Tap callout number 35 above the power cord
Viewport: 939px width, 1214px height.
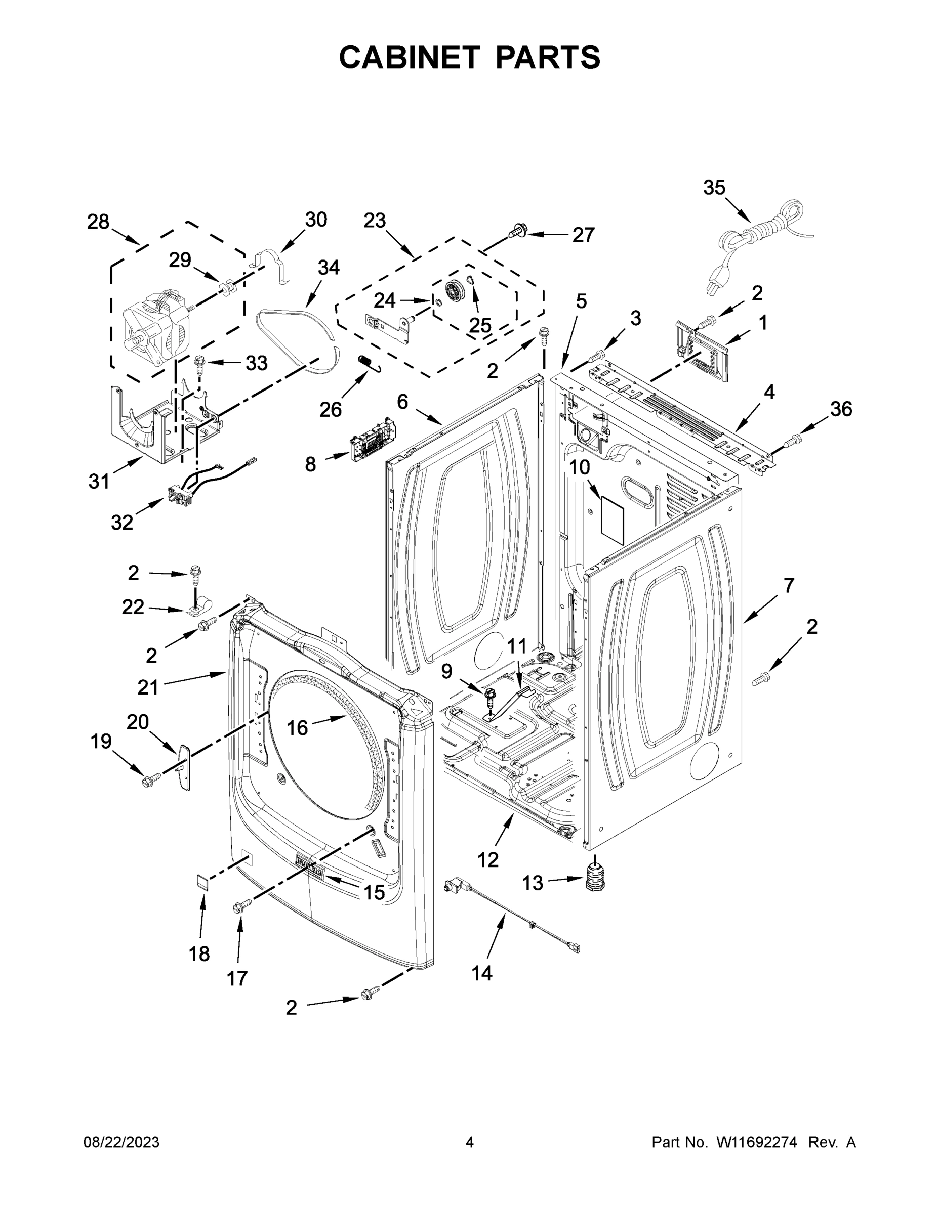(714, 188)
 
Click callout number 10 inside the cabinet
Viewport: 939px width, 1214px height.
(579, 467)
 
